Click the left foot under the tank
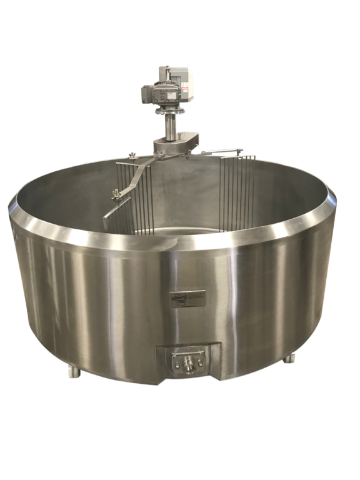click(74, 371)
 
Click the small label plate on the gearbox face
click(157, 95)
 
